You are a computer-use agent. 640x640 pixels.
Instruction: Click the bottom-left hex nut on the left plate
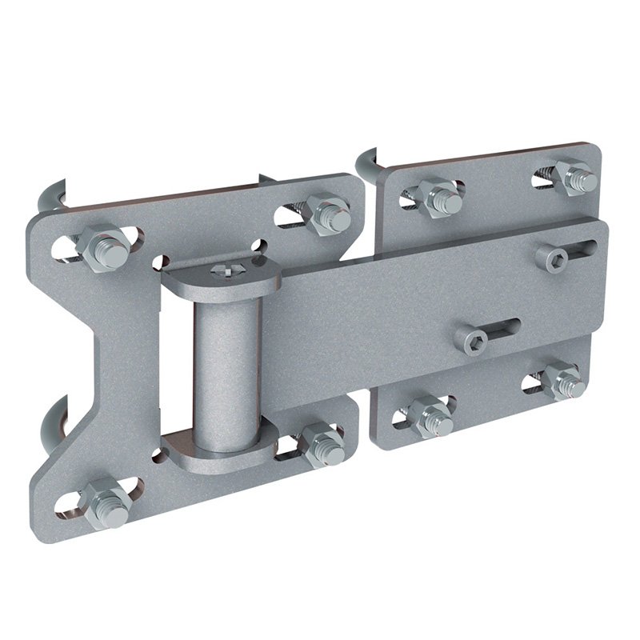tap(105, 502)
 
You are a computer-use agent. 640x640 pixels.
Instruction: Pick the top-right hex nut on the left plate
tap(328, 214)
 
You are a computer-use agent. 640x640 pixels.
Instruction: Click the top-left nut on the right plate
tap(440, 197)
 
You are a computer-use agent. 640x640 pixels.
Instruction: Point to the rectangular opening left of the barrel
tap(177, 360)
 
